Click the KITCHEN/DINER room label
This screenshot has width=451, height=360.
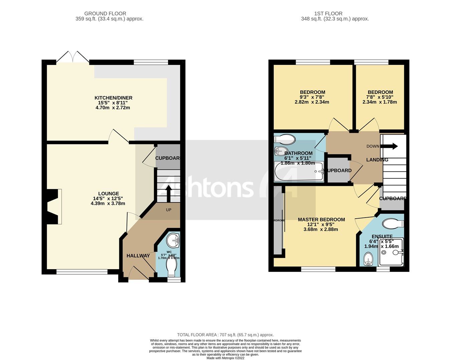pos(113,98)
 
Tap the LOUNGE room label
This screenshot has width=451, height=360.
pos(109,194)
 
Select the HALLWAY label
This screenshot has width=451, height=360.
pos(138,256)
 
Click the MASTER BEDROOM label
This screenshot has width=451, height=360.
pos(321,220)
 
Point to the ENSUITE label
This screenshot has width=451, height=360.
pos(382,236)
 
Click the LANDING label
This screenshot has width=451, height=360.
pos(377,160)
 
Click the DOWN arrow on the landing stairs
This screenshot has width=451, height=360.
pos(390,146)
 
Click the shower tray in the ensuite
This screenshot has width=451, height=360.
pos(392,257)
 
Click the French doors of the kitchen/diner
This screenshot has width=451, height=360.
pos(73,57)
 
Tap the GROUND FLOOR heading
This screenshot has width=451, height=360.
pos(105,14)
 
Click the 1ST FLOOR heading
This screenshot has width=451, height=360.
pos(328,14)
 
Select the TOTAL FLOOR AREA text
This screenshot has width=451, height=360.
pos(225,335)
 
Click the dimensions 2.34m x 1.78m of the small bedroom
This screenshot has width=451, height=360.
pos(380,102)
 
